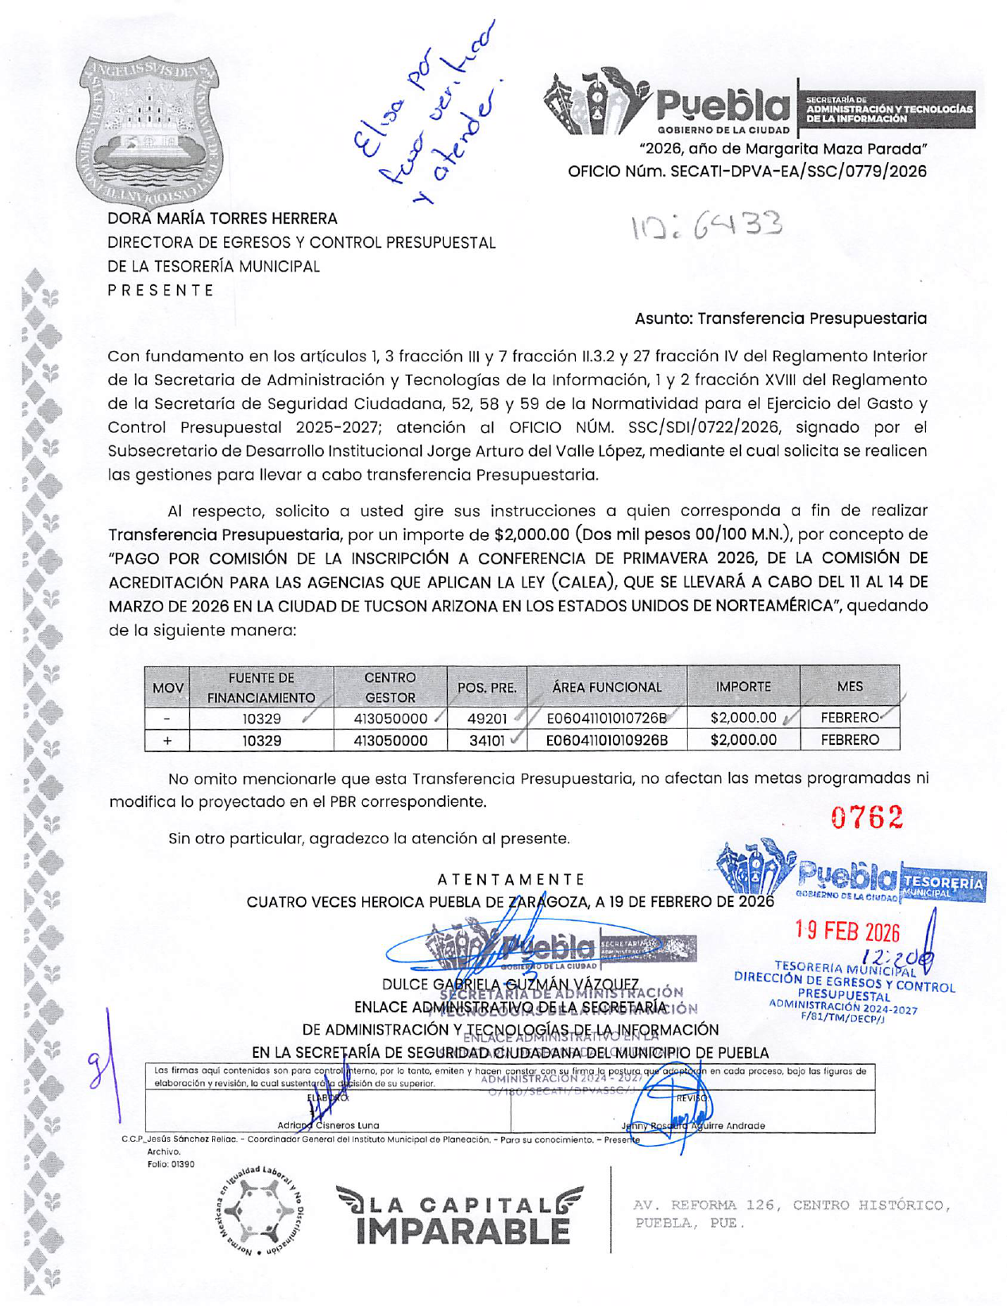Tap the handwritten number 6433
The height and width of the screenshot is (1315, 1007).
(707, 227)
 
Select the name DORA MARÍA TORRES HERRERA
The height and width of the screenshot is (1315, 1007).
(222, 218)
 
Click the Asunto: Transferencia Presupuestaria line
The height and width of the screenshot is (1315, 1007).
(780, 318)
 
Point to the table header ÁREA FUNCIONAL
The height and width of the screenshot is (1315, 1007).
(607, 687)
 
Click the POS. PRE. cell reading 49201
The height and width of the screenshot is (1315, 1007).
(487, 719)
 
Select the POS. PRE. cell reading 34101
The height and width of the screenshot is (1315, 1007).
(487, 741)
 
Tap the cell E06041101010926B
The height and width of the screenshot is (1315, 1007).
(607, 741)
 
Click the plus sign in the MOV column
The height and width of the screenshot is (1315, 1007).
(167, 741)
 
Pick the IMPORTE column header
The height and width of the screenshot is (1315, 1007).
(743, 686)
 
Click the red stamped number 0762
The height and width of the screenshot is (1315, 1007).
(867, 817)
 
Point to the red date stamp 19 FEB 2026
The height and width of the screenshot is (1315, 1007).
(847, 931)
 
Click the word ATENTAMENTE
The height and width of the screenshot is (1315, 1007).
(511, 879)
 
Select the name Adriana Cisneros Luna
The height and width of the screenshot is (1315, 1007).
(328, 1125)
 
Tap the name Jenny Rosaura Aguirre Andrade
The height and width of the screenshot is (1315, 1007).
(693, 1126)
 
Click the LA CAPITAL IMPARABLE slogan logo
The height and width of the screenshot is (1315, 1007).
(460, 1216)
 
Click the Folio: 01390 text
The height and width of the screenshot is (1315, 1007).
(171, 1164)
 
